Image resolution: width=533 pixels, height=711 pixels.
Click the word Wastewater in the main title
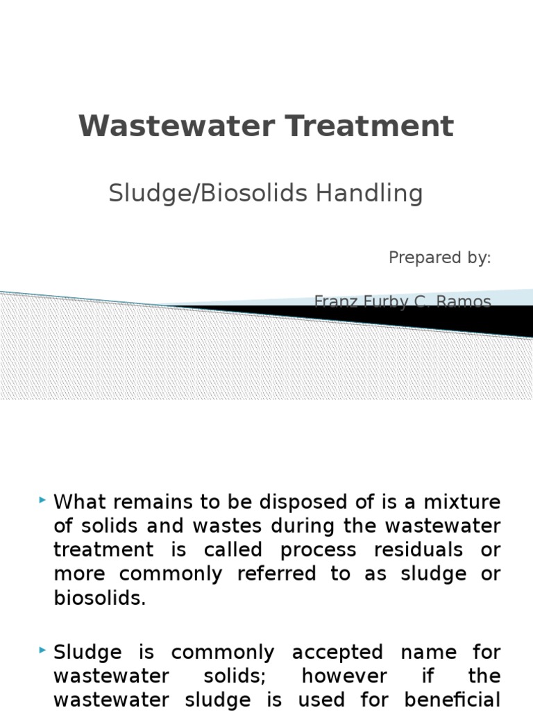click(x=167, y=126)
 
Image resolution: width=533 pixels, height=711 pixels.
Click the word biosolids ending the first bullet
click(x=99, y=599)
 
